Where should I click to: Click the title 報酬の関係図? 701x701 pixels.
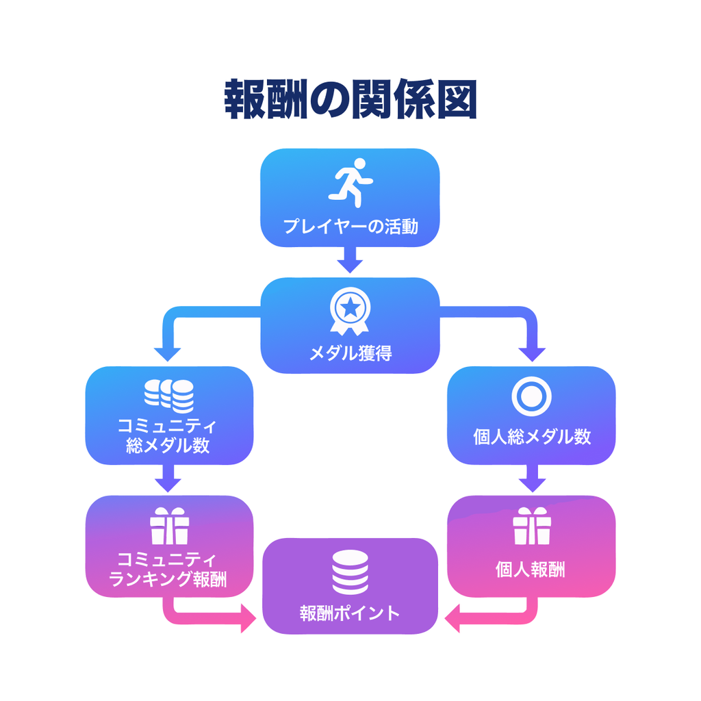point(350,101)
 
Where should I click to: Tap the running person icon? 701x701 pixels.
point(350,181)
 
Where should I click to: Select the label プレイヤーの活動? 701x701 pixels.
point(350,227)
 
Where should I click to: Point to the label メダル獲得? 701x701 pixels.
point(350,353)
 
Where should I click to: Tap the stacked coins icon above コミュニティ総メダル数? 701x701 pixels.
point(169,396)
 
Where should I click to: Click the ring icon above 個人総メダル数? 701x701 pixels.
point(531,396)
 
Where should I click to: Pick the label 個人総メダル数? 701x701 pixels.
point(532,436)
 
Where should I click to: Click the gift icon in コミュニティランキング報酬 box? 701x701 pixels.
point(169,526)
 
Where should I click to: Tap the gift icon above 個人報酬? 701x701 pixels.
point(532,526)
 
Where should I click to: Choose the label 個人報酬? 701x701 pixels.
point(532,570)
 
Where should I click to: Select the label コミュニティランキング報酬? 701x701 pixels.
point(168,570)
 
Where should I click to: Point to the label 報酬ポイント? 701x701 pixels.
point(350,613)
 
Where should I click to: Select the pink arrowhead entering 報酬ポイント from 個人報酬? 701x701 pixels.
point(454,622)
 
